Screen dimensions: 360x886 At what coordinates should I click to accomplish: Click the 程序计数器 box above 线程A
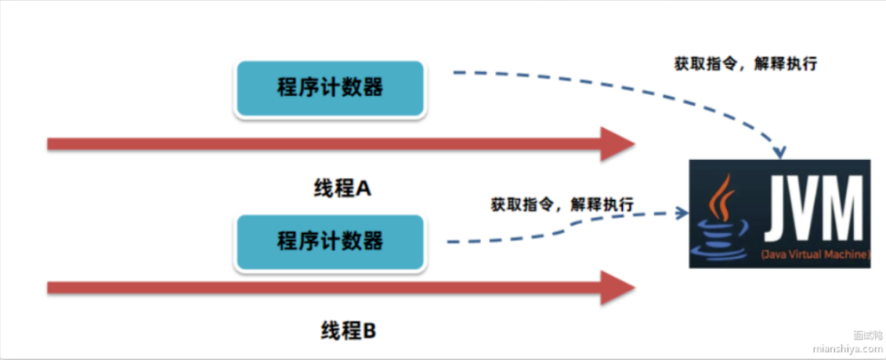(329, 87)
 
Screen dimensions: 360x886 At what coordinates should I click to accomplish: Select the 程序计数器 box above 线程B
(329, 240)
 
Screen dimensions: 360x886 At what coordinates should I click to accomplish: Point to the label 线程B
(344, 331)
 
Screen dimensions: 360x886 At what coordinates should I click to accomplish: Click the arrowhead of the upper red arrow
(617, 145)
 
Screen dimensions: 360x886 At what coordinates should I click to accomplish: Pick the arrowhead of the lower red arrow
(617, 287)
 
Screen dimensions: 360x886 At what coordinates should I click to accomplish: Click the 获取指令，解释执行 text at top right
(746, 63)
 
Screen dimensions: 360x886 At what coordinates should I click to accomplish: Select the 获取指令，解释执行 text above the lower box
(562, 205)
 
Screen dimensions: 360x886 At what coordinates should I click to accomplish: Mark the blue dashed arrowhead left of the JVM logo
(684, 211)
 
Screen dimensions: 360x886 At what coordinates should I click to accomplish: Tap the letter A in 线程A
(363, 188)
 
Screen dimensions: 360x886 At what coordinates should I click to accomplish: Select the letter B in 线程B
(367, 331)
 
